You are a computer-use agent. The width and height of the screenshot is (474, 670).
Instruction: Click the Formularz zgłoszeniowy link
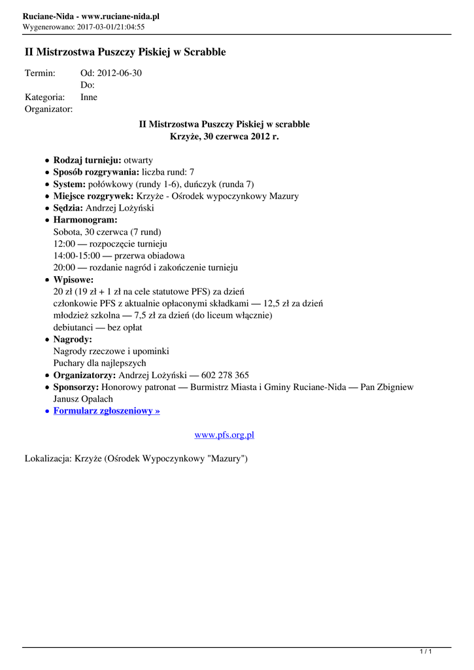click(x=107, y=411)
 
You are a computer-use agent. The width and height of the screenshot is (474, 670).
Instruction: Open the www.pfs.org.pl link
click(x=224, y=435)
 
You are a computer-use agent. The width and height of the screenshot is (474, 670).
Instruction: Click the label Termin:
click(x=40, y=73)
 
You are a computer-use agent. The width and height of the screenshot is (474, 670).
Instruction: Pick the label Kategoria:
click(x=43, y=97)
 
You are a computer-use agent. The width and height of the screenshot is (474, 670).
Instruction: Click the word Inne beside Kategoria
click(x=89, y=97)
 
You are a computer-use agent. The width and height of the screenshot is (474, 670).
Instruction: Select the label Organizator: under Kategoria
click(x=48, y=109)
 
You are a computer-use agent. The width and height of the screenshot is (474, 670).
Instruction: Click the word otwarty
click(x=139, y=160)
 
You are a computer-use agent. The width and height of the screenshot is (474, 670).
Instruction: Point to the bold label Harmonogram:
click(x=85, y=220)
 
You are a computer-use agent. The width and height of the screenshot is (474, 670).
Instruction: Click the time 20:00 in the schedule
click(x=65, y=268)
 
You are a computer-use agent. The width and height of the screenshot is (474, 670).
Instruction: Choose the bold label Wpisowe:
click(x=73, y=280)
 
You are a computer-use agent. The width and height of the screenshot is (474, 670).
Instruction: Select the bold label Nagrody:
click(x=73, y=340)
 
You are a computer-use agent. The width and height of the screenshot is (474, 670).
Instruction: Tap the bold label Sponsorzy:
click(x=76, y=387)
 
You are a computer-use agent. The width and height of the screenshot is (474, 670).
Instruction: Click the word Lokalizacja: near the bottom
click(x=48, y=459)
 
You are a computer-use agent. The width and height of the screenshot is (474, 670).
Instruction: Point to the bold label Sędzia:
click(x=69, y=208)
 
